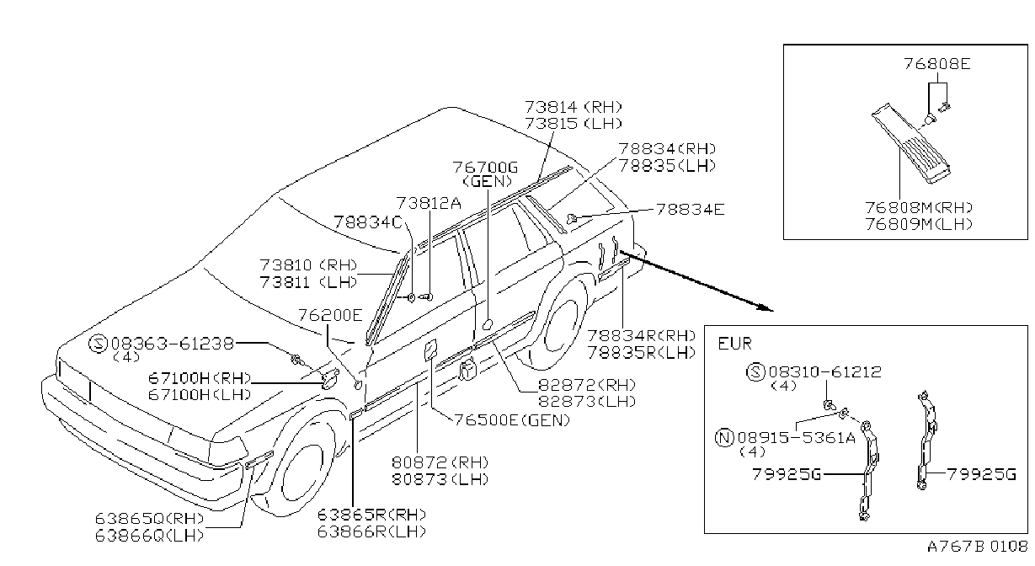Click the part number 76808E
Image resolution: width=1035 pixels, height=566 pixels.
click(x=937, y=63)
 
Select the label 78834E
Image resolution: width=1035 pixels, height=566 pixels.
click(x=691, y=210)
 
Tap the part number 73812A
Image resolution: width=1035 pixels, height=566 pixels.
click(x=429, y=203)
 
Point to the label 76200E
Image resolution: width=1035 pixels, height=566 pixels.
click(x=330, y=315)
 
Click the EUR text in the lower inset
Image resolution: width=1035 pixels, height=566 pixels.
click(x=734, y=344)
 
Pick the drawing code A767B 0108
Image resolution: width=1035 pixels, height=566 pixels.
click(x=978, y=547)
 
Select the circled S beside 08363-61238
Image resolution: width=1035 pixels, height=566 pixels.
click(x=98, y=344)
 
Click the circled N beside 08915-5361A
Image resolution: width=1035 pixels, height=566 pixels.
click(x=724, y=437)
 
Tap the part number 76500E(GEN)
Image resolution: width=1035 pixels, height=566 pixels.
click(x=512, y=420)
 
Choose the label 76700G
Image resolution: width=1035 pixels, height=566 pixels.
click(x=485, y=167)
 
